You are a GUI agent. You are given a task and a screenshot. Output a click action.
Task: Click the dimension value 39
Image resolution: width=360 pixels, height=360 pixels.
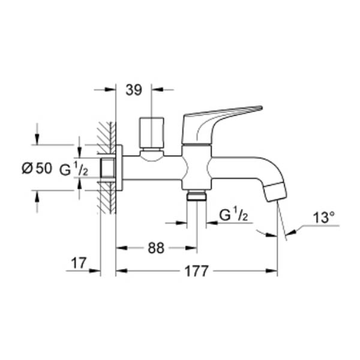pyautogui.click(x=134, y=90)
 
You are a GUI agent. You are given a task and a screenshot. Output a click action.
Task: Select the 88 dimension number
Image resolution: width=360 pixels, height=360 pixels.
pyautogui.click(x=156, y=248)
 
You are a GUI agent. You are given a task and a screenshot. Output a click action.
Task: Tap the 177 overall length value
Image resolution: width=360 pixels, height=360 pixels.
pyautogui.click(x=197, y=271)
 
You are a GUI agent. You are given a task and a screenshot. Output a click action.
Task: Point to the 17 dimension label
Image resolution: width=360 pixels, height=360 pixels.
pyautogui.click(x=79, y=263)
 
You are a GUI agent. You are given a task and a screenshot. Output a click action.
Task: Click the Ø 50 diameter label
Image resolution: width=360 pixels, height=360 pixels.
pyautogui.click(x=37, y=168)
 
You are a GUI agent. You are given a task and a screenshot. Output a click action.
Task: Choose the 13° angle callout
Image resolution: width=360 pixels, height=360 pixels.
pyautogui.click(x=324, y=217)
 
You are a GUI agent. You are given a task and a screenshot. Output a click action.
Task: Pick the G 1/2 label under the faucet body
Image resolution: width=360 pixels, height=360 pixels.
pyautogui.click(x=233, y=215)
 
